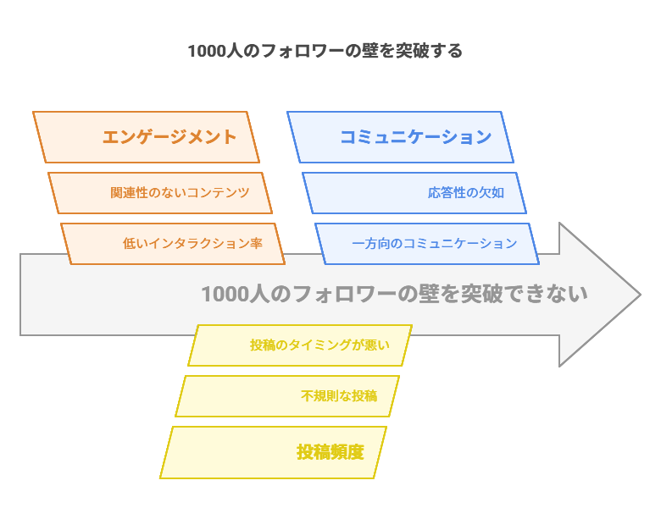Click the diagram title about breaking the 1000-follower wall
[325, 51]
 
